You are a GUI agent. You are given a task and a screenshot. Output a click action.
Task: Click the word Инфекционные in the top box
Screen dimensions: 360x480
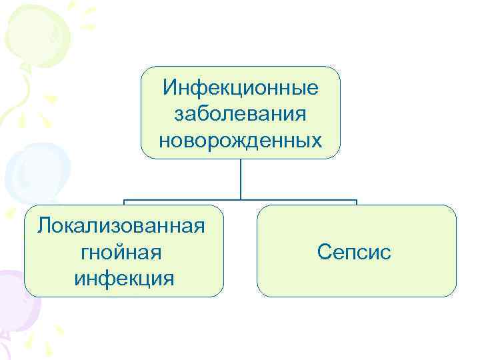coord(240,87)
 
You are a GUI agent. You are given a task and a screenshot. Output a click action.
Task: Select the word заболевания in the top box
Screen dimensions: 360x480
coord(240,113)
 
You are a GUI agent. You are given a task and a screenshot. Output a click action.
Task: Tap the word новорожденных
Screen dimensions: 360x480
coord(240,139)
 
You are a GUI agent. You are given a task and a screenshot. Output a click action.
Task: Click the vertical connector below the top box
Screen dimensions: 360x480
coord(240,179)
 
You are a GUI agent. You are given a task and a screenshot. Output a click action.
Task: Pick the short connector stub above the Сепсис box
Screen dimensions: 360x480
coord(357,202)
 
